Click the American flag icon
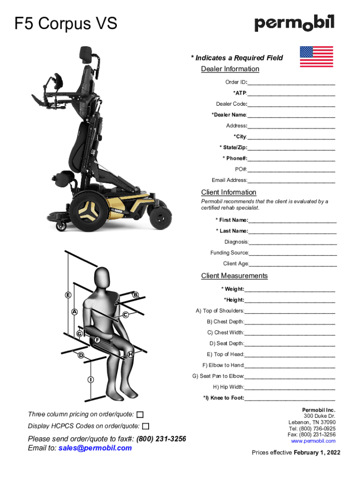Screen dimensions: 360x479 point(317,57)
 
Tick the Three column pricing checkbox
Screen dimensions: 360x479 point(140,414)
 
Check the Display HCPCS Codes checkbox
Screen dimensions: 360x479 point(146,426)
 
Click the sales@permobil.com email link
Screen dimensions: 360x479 point(95,448)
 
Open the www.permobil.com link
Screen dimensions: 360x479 point(313,441)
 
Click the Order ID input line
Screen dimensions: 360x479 point(291,84)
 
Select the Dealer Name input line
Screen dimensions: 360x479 point(291,117)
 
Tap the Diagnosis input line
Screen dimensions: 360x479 point(293,244)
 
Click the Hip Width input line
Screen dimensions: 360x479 point(290,389)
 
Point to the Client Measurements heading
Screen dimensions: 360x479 point(234,276)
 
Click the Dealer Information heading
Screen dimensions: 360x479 point(230,69)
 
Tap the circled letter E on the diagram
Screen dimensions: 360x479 point(68,295)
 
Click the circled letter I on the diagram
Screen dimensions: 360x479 point(91,379)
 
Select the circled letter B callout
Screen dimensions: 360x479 point(136,295)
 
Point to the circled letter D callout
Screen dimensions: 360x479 point(81,355)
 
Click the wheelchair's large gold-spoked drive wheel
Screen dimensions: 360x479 point(89,211)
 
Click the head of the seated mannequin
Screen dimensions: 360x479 point(101,277)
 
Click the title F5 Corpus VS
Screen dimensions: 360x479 point(65,23)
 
